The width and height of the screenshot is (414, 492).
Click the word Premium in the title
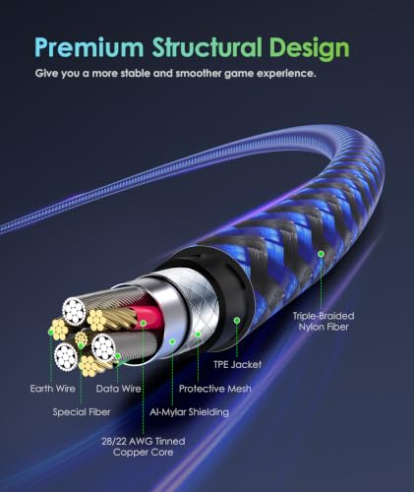(x=89, y=47)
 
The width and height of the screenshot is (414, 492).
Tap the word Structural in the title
(x=207, y=47)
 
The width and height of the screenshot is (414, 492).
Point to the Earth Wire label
(x=52, y=389)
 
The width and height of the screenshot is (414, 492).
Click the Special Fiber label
(x=82, y=412)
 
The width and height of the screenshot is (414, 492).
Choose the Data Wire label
(x=118, y=389)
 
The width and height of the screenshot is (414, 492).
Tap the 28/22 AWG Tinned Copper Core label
(x=144, y=447)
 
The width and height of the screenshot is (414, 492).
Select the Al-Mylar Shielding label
(x=189, y=412)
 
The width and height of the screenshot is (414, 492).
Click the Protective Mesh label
(x=215, y=389)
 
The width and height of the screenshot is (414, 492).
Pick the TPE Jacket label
(x=237, y=364)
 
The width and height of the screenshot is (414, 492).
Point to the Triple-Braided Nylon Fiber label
(x=324, y=322)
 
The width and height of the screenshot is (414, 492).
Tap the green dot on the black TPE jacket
(x=237, y=320)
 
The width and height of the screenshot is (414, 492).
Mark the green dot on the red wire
(x=144, y=323)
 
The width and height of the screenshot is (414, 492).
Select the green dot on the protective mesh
(x=198, y=335)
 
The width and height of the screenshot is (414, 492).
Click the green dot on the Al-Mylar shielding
(x=172, y=341)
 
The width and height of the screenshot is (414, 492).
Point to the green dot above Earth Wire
(x=51, y=333)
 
